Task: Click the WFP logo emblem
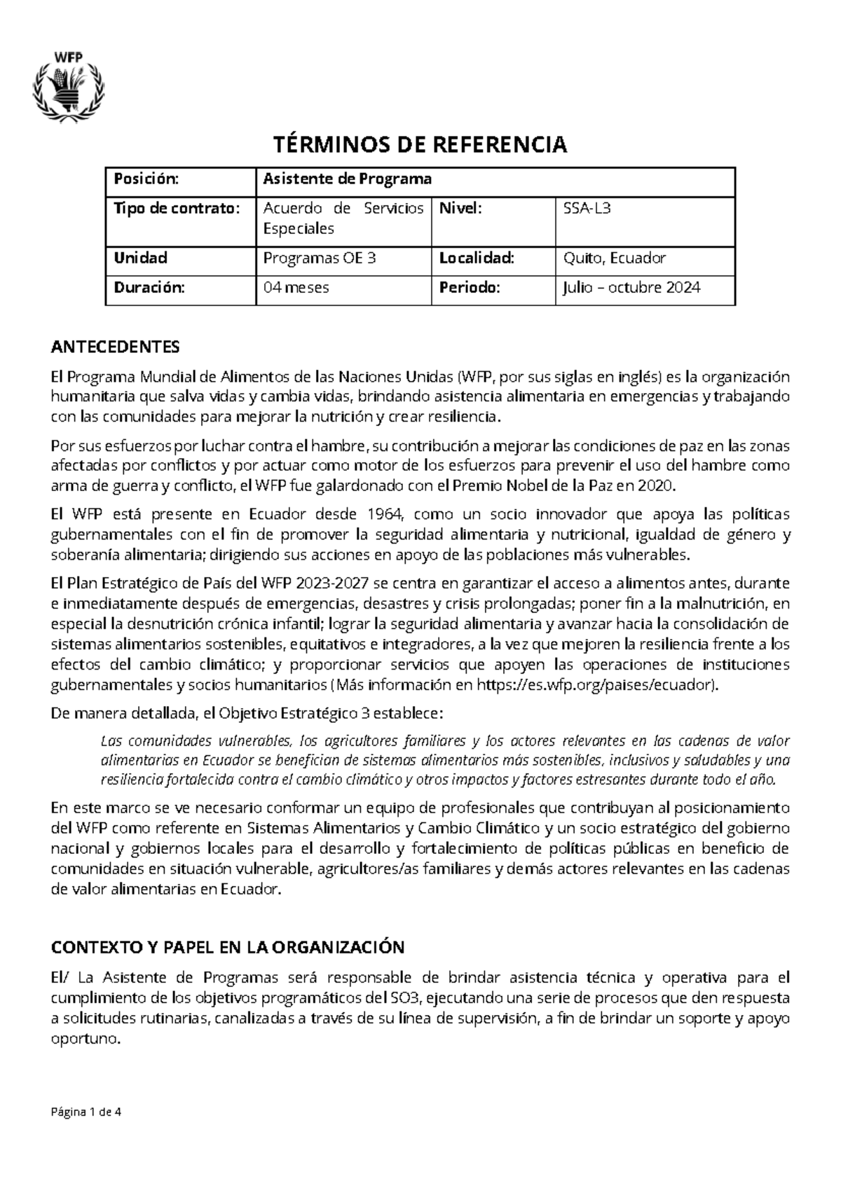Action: pos(69,85)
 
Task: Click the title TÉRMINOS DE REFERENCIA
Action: pos(420,145)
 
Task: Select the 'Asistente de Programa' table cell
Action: pos(347,179)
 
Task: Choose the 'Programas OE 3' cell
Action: pos(320,258)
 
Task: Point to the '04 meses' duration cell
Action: pos(296,287)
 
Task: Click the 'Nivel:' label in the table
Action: pos(460,208)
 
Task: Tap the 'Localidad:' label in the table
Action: pos(477,258)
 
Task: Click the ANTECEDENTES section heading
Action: pos(116,347)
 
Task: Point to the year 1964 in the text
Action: pos(385,515)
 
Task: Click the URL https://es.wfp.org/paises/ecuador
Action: pos(596,685)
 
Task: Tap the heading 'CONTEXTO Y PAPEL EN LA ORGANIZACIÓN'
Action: pos(228,948)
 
